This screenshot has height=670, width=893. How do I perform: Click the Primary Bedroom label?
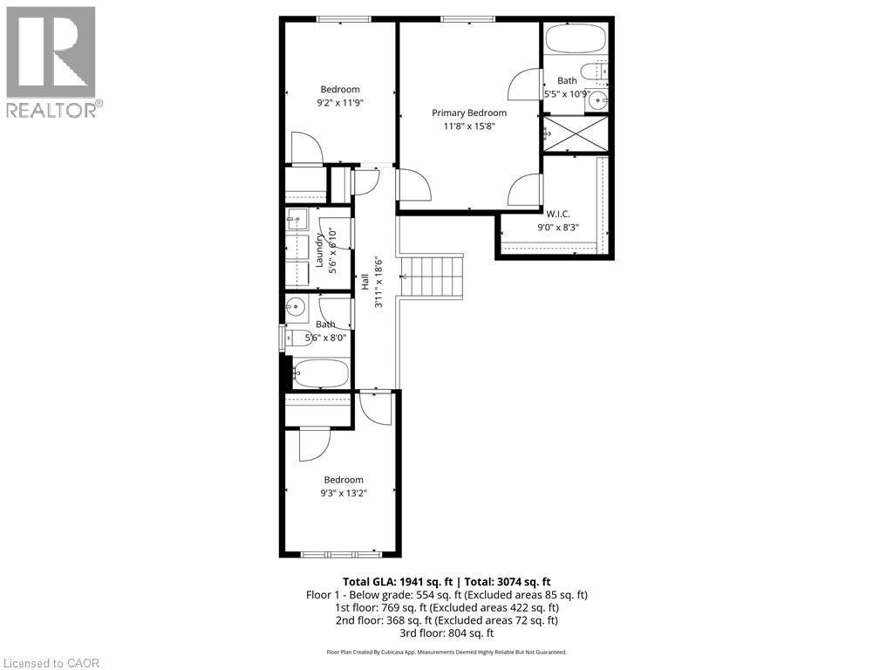[x=469, y=113]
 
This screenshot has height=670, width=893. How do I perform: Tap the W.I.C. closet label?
[x=557, y=213]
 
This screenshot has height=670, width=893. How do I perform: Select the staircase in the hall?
[x=431, y=276]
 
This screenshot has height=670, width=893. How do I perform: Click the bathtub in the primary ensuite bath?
[x=575, y=39]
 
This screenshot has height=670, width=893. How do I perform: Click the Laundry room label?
[x=320, y=249]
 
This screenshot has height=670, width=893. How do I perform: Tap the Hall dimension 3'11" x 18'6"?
[x=378, y=281]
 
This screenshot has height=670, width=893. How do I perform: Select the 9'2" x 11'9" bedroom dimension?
[x=340, y=102]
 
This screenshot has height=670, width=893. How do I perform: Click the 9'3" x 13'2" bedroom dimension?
[x=344, y=492]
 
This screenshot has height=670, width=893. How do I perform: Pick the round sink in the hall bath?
[x=296, y=306]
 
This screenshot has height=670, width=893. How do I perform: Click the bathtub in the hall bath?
[x=320, y=374]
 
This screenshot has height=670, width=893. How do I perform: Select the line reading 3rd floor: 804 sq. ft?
[x=446, y=633]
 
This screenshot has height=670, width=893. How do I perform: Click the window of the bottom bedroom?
[x=340, y=553]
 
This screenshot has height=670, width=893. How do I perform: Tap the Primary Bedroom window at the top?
[x=467, y=19]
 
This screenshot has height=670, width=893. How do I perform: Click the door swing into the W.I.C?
[x=526, y=188]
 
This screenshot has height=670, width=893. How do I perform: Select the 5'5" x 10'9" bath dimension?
[x=568, y=93]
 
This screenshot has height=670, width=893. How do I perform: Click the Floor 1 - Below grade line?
[x=446, y=594]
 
